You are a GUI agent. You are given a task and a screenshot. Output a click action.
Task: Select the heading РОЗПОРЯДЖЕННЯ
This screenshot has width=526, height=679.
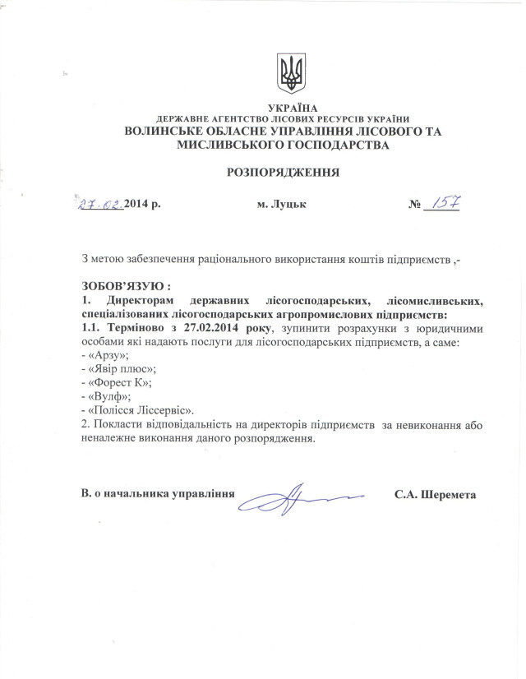point(280,172)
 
